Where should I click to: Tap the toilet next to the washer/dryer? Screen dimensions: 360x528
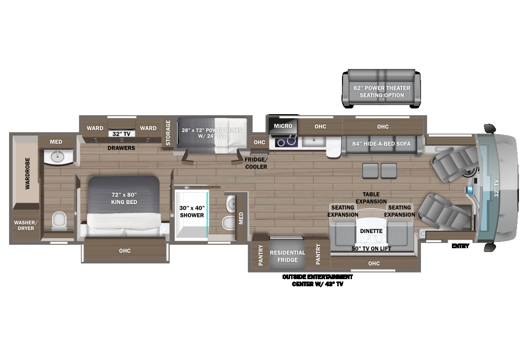[x=59, y=220]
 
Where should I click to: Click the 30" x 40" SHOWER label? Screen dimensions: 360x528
[x=192, y=211]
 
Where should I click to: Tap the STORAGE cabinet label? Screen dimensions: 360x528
[x=168, y=132]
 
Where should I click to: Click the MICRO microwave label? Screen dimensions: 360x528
[x=283, y=126]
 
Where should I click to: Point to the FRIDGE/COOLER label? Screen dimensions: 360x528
[x=256, y=163]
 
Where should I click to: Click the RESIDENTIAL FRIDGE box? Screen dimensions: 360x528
[x=287, y=256]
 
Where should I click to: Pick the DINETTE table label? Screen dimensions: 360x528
[x=372, y=231]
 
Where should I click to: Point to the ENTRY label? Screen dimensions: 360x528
[x=460, y=246]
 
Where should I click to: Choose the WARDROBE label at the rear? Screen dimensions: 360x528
[x=28, y=174]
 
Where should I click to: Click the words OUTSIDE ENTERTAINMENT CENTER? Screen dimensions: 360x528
[x=317, y=276]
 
